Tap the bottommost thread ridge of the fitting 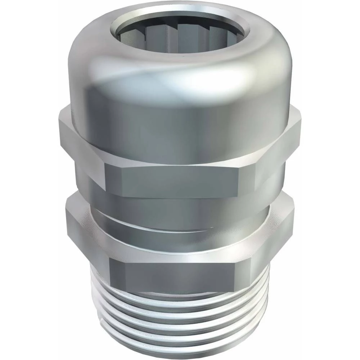(180, 351)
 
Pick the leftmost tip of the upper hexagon (58, 122)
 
